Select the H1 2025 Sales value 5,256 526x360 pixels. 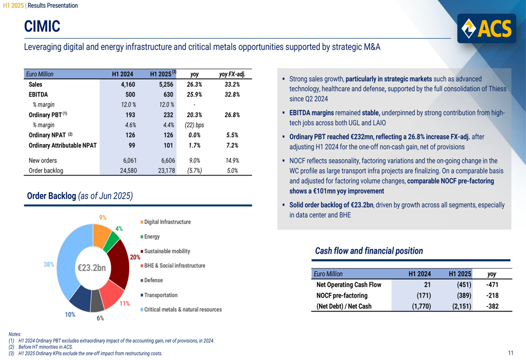(163, 84)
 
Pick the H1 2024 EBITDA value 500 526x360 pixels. (127, 95)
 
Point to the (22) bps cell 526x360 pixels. (194, 125)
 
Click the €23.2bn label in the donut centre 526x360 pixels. (92, 268)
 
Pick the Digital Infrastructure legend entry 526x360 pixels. (167, 222)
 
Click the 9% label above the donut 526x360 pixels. (103, 218)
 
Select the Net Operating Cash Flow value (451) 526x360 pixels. (460, 285)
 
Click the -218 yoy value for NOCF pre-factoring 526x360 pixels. (492, 295)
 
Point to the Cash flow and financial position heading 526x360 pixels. (369, 251)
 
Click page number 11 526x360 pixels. (511, 353)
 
